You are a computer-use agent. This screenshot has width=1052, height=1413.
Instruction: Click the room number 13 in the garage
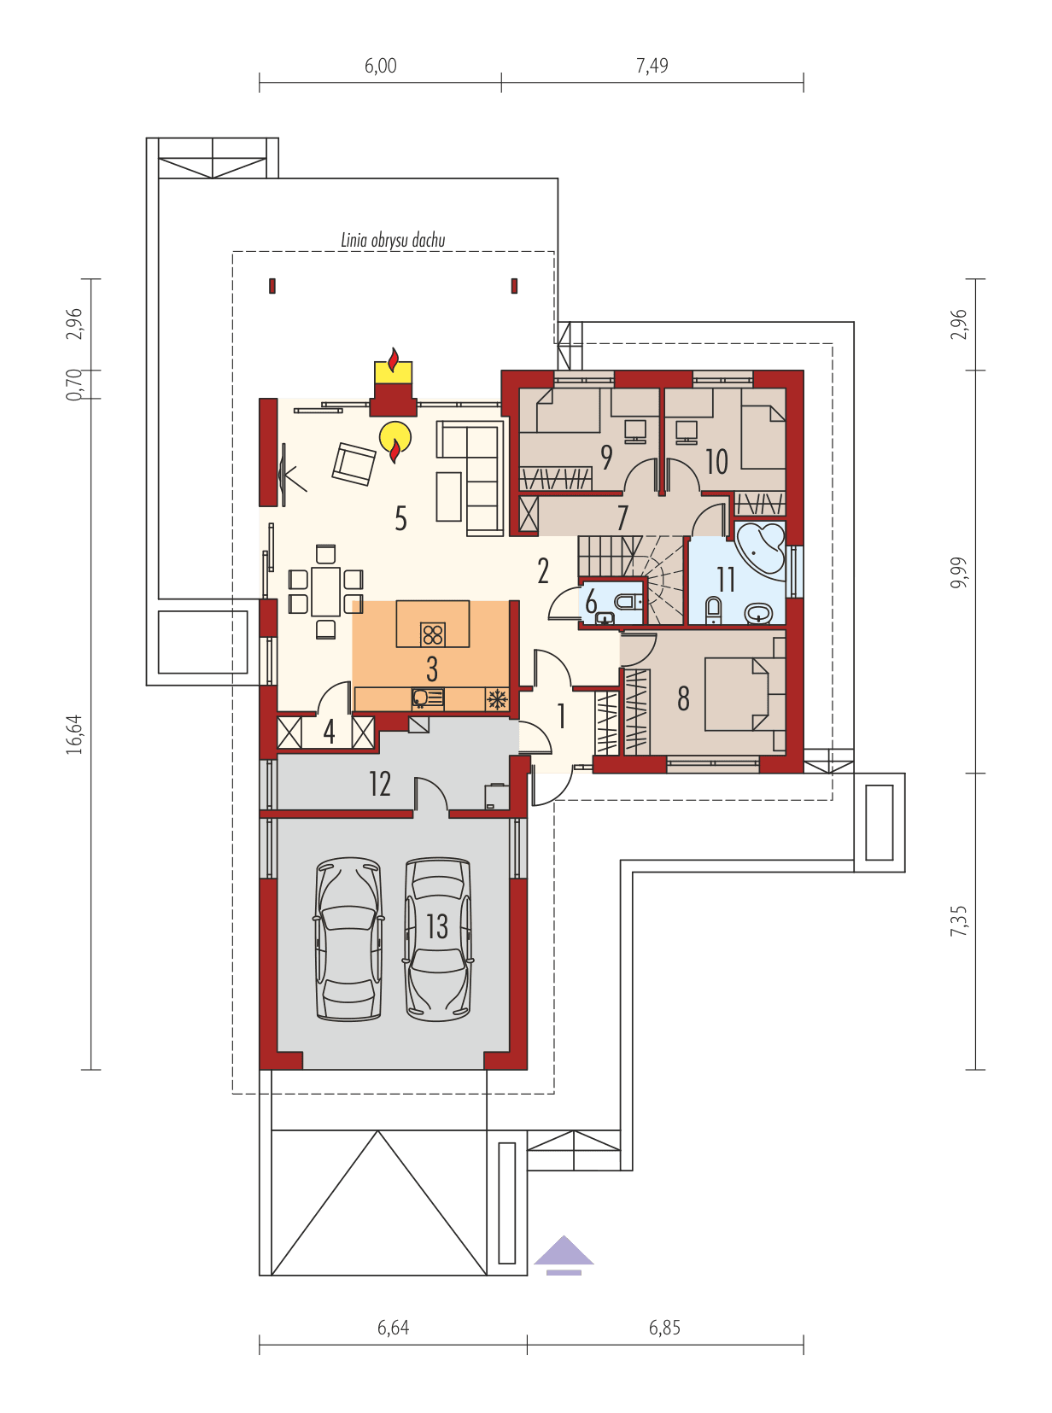[x=436, y=926]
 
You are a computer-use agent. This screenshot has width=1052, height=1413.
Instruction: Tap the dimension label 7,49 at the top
[x=652, y=66]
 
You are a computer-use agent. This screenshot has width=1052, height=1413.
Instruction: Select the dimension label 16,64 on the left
[x=75, y=733]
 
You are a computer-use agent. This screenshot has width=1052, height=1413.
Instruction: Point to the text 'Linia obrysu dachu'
[x=393, y=240]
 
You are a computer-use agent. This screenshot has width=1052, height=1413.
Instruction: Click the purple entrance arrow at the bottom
[x=564, y=1252]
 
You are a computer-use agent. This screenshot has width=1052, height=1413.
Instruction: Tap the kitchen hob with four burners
[x=433, y=634]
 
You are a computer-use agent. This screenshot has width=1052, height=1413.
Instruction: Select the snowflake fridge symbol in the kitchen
[x=495, y=698]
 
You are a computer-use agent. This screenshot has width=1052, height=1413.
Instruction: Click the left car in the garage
[x=348, y=939]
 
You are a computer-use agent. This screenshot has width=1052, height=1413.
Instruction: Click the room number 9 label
[x=606, y=458]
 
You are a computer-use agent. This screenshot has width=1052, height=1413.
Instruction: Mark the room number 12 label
[x=380, y=783]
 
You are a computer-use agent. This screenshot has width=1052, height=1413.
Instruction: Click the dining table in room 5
[x=325, y=591]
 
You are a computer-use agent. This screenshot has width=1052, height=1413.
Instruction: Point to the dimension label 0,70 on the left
[x=75, y=384]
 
